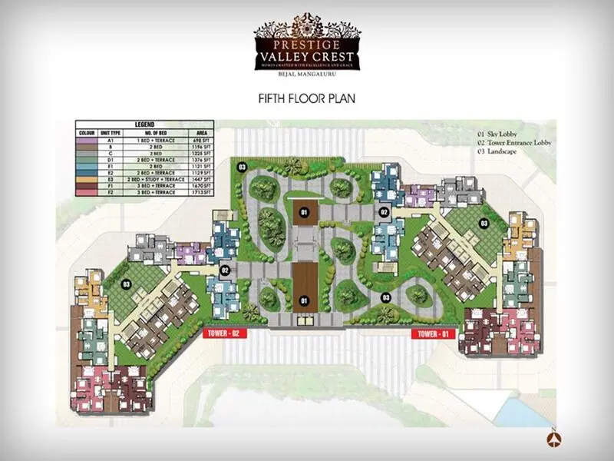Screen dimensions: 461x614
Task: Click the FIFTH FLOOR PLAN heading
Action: tap(306, 99)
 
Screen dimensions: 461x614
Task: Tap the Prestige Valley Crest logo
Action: tap(307, 47)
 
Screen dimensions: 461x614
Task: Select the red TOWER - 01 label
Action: tap(434, 333)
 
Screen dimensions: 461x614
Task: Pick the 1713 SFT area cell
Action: tap(198, 191)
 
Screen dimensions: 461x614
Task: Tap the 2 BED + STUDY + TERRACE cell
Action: tap(153, 179)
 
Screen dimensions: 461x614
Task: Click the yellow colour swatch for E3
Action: tap(87, 179)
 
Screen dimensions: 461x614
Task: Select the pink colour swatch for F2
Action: tap(87, 191)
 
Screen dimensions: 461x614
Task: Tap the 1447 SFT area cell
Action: tap(198, 179)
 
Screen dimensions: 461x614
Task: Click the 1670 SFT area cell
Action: tap(198, 185)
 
